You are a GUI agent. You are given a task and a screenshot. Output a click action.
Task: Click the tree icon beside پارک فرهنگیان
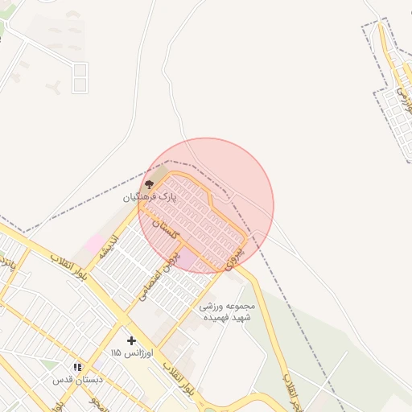point(148,184)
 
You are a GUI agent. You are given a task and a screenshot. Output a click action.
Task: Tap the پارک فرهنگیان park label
point(149,196)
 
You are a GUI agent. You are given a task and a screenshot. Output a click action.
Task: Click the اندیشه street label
point(109,247)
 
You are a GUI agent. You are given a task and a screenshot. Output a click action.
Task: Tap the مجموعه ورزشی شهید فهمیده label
point(227,312)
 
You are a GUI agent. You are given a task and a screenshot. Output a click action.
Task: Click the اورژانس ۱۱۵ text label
point(126,353)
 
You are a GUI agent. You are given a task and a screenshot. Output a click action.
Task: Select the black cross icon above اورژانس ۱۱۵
point(131,340)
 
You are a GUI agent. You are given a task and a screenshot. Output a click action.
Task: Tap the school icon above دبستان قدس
point(77,367)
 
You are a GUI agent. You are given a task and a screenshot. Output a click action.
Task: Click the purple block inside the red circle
point(187,259)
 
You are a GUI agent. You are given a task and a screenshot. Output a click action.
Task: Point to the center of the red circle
point(206,205)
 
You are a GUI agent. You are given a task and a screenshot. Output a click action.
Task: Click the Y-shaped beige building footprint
point(53,87)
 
